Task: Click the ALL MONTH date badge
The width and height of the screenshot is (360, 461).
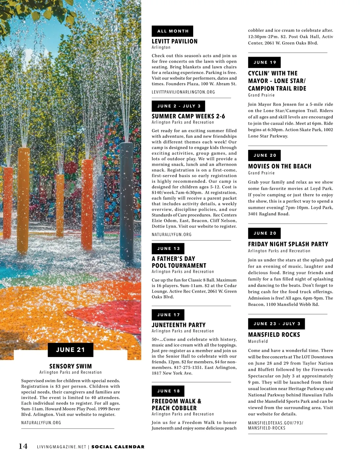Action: [x=172, y=31]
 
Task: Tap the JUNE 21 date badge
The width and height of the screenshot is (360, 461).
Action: [x=70, y=350]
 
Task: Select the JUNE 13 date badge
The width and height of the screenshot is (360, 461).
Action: [x=168, y=248]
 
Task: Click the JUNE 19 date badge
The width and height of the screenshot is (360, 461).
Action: [x=264, y=62]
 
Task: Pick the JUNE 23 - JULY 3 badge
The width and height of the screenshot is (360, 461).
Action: [x=276, y=324]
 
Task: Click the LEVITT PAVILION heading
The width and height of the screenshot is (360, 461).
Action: [x=175, y=41]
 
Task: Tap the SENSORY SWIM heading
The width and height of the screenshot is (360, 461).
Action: [x=70, y=366]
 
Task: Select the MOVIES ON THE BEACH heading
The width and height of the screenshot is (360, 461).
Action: [x=280, y=166]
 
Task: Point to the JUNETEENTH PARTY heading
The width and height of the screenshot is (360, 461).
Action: [x=178, y=325]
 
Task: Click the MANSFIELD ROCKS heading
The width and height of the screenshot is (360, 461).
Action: [x=274, y=335]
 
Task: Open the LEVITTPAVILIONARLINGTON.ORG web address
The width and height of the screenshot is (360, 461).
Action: [x=183, y=92]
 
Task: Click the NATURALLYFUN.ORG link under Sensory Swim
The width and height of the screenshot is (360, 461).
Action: [x=41, y=423]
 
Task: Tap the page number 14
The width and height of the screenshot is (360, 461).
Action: [x=23, y=446]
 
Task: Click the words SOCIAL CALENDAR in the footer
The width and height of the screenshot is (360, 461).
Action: [x=118, y=447]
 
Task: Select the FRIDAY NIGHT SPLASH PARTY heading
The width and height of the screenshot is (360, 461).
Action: [x=288, y=244]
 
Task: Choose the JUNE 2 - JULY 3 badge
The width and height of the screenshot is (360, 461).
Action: [x=178, y=106]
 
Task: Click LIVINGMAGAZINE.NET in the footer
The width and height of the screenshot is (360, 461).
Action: [x=61, y=447]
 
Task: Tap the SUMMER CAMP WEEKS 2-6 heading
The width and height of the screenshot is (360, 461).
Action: [x=188, y=116]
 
